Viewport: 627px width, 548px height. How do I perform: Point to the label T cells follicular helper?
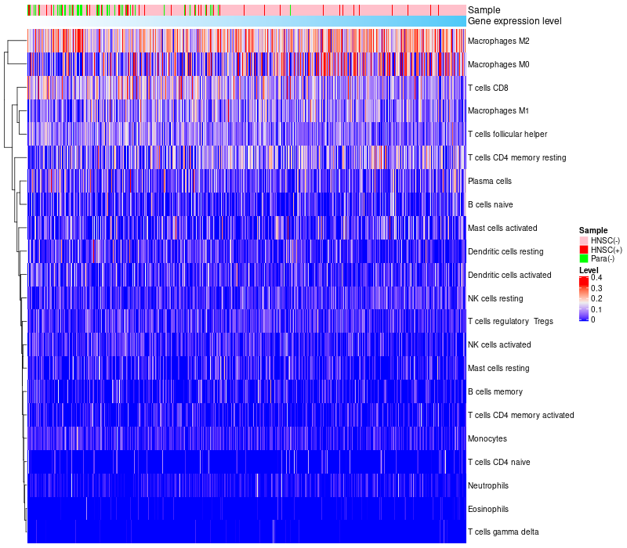click(x=507, y=134)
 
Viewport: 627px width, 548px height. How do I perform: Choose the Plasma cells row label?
click(x=489, y=181)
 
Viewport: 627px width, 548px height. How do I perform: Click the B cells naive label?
click(x=489, y=204)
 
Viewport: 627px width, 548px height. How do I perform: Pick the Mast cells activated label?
click(x=502, y=228)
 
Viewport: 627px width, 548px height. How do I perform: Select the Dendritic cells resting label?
click(x=506, y=251)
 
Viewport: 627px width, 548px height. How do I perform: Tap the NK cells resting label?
click(x=495, y=298)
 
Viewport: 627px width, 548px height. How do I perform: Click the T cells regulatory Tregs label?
click(x=510, y=321)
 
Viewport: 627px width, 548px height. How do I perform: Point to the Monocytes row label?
click(x=487, y=438)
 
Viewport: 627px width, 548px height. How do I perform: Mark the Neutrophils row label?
click(x=488, y=485)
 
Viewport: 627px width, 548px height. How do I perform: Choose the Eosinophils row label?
click(x=488, y=509)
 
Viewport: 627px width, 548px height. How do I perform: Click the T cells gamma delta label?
click(x=503, y=532)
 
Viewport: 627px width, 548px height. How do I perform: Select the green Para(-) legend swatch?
click(x=583, y=259)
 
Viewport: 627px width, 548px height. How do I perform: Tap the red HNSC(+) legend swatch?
click(x=583, y=250)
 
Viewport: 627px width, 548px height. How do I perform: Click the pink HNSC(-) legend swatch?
click(x=583, y=240)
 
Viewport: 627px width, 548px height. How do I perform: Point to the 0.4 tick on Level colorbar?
click(x=596, y=278)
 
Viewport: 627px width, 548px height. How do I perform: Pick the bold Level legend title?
click(x=588, y=270)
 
